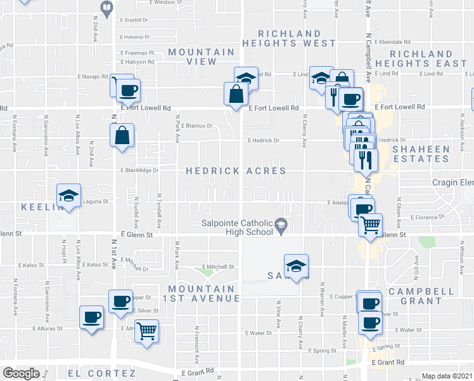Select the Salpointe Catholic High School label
(x=237, y=227)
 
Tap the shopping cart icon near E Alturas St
(x=147, y=331)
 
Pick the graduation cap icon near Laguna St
(x=68, y=196)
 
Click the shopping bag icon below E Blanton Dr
(x=122, y=135)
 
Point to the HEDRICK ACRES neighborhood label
(x=235, y=171)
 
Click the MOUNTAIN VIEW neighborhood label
(x=202, y=57)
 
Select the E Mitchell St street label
(x=219, y=267)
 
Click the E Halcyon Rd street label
(x=138, y=62)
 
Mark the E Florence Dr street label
(x=428, y=217)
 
